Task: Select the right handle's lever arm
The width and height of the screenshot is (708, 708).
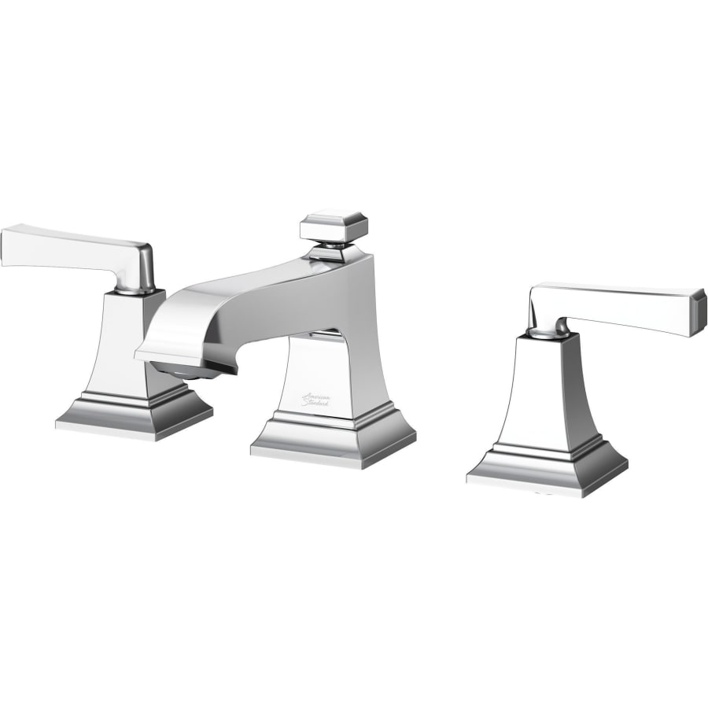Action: [621, 304]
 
